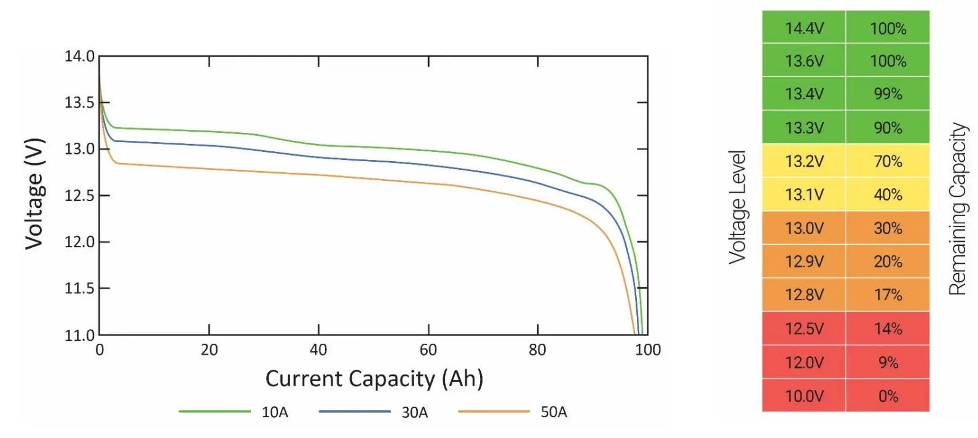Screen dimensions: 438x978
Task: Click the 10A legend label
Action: tap(275, 412)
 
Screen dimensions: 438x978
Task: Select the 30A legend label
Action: tap(414, 412)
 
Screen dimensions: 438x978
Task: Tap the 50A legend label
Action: tap(553, 412)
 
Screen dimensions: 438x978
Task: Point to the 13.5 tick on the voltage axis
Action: tap(80, 103)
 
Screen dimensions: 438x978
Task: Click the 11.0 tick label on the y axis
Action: tap(80, 335)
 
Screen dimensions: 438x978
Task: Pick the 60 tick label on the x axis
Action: tap(428, 350)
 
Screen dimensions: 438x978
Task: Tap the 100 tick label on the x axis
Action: tap(647, 350)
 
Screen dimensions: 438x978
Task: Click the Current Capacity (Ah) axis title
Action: tap(374, 378)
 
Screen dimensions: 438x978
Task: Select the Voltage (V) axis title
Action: tap(34, 194)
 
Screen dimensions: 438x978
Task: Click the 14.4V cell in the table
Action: tap(804, 28)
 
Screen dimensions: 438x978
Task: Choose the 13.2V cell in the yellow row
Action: tap(804, 162)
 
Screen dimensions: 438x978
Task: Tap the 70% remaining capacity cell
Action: tap(888, 162)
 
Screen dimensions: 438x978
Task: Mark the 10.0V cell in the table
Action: tap(804, 396)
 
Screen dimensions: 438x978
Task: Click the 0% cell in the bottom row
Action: tap(888, 396)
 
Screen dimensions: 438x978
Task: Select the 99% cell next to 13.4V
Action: tap(888, 94)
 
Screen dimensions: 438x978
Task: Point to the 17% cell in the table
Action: tap(888, 295)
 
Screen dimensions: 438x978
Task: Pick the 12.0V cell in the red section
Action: tap(804, 362)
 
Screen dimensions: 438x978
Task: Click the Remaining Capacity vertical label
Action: tap(958, 209)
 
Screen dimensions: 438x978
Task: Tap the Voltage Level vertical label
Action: tap(737, 207)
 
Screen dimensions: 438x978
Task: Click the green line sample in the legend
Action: tap(214, 411)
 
